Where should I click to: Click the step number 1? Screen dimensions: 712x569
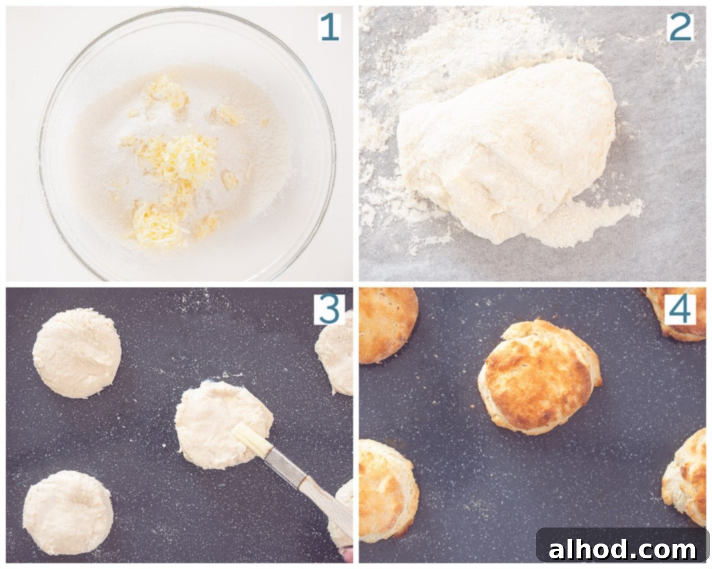point(330,28)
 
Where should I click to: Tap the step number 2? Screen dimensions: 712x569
point(680,27)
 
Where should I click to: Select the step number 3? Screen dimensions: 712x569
point(329,309)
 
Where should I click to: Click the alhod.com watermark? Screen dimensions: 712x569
point(622,550)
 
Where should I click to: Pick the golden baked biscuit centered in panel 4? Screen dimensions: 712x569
point(539,377)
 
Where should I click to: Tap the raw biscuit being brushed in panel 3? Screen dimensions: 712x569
point(224,425)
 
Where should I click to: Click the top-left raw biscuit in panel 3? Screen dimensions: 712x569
point(77,353)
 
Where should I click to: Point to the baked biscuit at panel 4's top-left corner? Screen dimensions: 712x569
point(388,325)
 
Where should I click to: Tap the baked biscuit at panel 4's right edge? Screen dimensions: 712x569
point(685,478)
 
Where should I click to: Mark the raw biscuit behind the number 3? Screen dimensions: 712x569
point(334,354)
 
